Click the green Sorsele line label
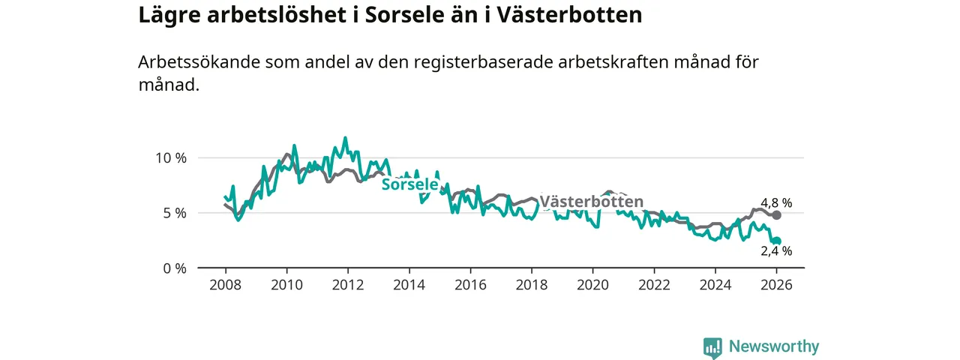[409, 184]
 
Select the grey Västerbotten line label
[592, 202]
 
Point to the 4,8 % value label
[776, 202]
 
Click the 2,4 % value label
[776, 251]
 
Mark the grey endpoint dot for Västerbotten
[777, 215]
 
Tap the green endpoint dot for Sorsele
[777, 241]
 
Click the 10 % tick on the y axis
[170, 157]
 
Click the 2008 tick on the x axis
[225, 285]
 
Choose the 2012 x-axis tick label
[347, 285]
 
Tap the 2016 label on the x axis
[469, 285]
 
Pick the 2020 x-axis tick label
[592, 285]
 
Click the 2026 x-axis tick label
[777, 285]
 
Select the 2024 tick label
[715, 285]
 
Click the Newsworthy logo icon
[712, 347]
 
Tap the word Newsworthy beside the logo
[774, 346]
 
